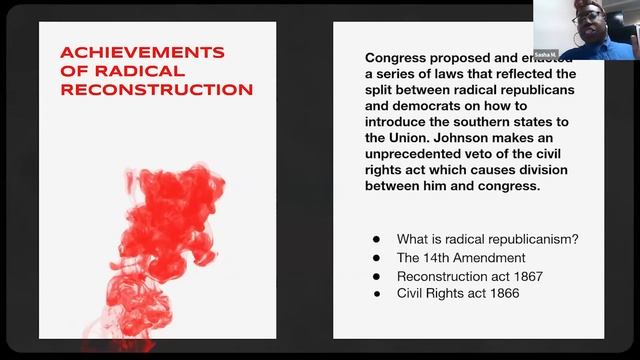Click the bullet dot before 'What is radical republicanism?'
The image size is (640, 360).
tap(376, 240)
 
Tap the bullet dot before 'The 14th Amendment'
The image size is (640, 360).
tap(376, 258)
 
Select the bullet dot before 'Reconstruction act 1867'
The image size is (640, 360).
tap(376, 276)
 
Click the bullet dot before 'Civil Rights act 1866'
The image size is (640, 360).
tap(376, 294)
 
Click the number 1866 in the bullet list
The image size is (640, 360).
tap(501, 294)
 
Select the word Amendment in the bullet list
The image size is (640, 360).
tap(490, 258)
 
